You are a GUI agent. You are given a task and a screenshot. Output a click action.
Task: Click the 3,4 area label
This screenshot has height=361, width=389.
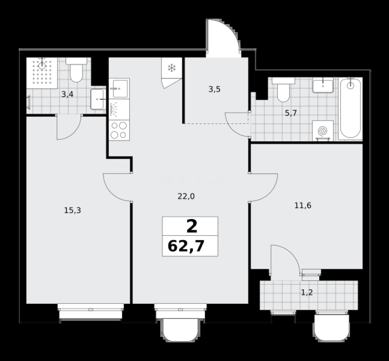coord(67,95)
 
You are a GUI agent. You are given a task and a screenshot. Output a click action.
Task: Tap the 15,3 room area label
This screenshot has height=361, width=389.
coord(72,211)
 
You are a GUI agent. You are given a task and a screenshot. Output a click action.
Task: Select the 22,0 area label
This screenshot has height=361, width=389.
coord(186,197)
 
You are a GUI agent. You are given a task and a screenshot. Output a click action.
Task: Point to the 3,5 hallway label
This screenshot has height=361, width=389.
coord(214,89)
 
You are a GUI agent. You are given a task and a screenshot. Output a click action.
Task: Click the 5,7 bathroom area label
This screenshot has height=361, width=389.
coord(291,113)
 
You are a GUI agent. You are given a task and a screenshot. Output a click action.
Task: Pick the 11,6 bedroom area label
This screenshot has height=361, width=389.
coord(303,206)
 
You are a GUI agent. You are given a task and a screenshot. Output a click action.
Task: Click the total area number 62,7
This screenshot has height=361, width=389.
coord(186,246)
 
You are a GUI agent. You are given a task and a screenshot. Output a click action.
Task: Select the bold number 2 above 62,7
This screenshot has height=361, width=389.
coord(192,227)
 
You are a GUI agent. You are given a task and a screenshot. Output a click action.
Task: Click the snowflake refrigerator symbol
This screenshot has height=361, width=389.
coord(172,68)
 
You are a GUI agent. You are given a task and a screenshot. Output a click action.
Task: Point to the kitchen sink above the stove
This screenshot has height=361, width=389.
coord(119,88)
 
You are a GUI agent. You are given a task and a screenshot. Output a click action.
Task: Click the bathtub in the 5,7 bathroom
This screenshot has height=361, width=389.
coord(350,108)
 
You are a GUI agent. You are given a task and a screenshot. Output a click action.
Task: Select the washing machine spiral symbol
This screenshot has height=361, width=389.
coord(323,131)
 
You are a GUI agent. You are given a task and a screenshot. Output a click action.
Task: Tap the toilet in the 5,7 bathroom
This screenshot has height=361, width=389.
coord(283,89)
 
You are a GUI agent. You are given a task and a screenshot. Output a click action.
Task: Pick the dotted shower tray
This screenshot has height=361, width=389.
coord(42,73)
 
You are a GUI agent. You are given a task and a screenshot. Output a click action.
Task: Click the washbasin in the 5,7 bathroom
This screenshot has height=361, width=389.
coord(323,85)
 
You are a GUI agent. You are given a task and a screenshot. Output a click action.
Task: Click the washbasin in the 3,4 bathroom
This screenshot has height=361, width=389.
coord(98,99)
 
